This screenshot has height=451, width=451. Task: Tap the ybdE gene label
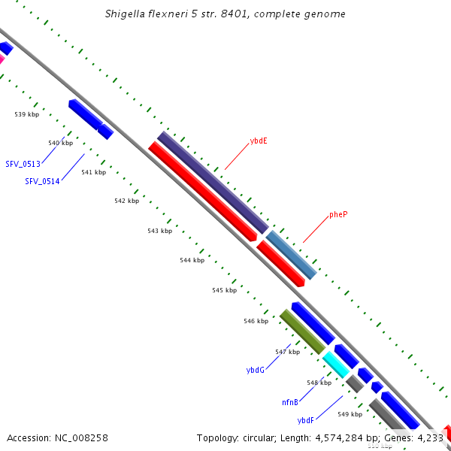tap(259, 141)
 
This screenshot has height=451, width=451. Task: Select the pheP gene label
tap(338, 214)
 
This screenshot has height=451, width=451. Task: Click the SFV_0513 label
tap(23, 164)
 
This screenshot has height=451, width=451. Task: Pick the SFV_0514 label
tap(42, 181)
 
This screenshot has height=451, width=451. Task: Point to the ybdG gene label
tap(255, 370)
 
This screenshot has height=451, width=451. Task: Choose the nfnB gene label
tap(290, 403)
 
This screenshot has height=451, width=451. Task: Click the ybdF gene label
tap(305, 420)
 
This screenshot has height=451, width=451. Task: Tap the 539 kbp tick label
tap(26, 114)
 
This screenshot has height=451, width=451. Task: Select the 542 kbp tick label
tap(126, 201)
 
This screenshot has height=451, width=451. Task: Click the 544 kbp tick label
tap(192, 260)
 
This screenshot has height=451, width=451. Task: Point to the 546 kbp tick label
tap(256, 321)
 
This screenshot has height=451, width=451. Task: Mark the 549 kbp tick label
tap(350, 414)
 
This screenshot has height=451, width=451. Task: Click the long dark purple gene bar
tap(213, 182)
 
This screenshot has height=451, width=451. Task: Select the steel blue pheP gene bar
tap(290, 254)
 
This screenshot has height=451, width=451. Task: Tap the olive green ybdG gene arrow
tap(302, 331)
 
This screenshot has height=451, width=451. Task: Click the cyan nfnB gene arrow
tap(336, 364)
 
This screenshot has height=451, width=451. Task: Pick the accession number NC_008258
tap(57, 437)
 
